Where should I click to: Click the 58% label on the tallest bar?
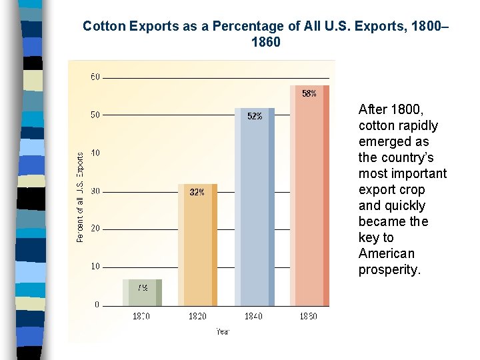309,94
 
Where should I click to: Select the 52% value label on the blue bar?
255,116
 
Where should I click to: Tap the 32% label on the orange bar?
197,192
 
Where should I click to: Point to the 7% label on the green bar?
142,288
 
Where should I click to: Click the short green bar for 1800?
142,293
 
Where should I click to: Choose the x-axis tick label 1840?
253,316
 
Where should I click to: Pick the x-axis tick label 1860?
308,316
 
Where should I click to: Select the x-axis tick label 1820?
197,316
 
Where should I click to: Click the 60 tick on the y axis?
95,77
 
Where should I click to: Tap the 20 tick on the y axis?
95,229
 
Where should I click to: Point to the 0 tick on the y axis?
97,305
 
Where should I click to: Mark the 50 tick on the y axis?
95,115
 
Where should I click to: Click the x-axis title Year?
222,331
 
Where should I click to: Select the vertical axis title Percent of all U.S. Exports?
81,197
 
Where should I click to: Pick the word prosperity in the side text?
389,270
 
